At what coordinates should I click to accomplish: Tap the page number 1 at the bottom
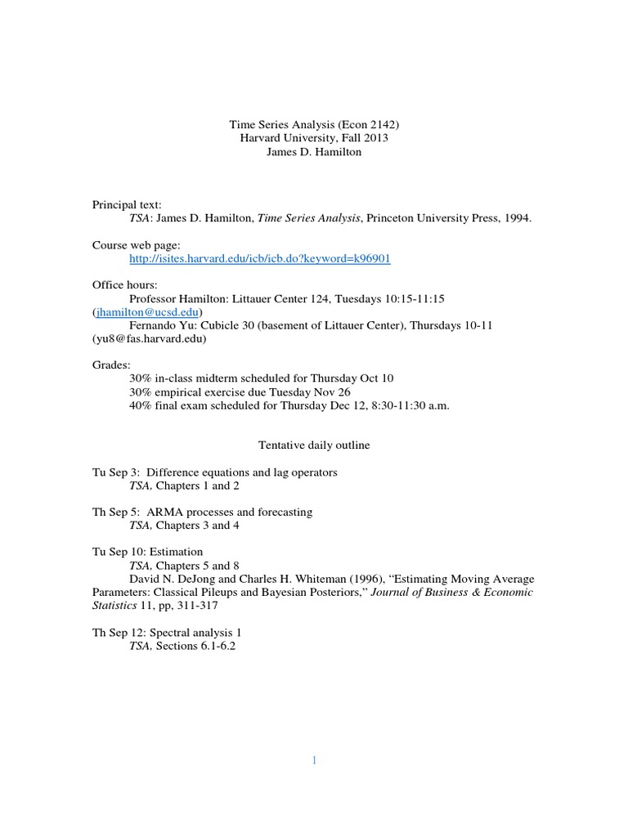click(x=313, y=760)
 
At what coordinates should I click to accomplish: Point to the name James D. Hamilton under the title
click(x=314, y=152)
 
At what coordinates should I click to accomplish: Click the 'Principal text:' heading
click(x=127, y=204)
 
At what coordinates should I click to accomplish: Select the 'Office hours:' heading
click(x=125, y=284)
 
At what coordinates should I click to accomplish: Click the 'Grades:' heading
click(x=111, y=365)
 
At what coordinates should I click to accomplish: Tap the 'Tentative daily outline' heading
click(x=314, y=445)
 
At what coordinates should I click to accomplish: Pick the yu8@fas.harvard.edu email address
click(x=149, y=338)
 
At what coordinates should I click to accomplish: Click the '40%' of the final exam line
click(x=141, y=405)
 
